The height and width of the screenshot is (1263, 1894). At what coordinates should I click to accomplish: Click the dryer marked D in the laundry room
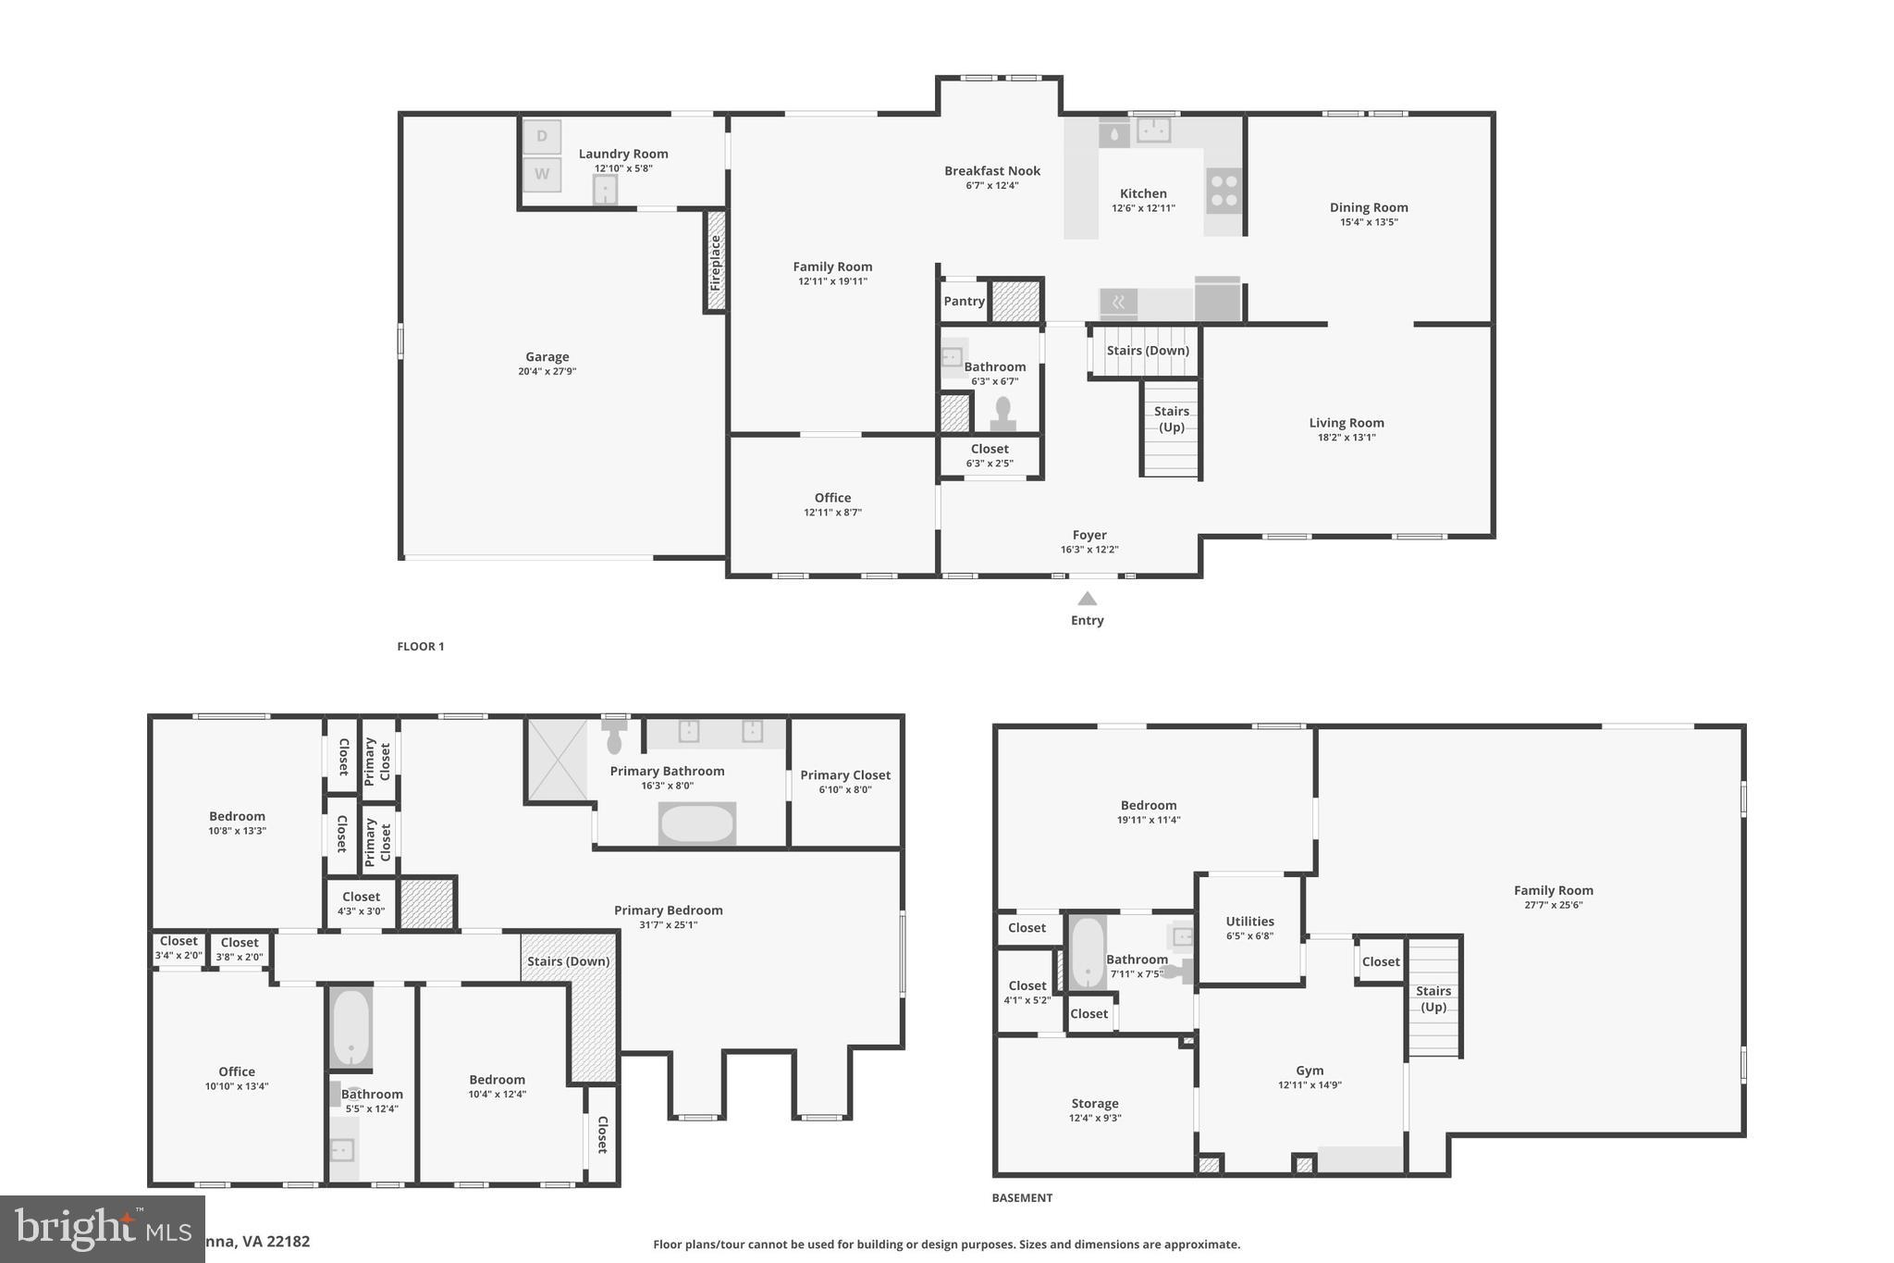(x=542, y=137)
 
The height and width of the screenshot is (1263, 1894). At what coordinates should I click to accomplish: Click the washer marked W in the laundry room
(x=542, y=174)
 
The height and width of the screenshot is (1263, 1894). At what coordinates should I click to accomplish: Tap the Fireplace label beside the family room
(x=715, y=263)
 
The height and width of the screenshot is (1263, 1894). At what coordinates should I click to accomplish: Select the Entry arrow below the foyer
(x=1088, y=600)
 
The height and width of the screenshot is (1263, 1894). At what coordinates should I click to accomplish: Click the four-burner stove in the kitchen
(x=1224, y=191)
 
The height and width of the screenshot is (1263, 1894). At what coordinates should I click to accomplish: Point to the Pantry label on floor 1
(x=964, y=302)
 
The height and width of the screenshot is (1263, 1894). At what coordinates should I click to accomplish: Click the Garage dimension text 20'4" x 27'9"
(x=547, y=372)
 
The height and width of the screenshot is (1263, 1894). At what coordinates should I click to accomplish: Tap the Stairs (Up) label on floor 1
(x=1171, y=419)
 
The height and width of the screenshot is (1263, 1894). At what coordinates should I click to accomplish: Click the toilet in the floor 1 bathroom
(x=1003, y=414)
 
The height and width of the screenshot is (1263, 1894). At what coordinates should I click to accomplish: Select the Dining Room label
(x=1369, y=207)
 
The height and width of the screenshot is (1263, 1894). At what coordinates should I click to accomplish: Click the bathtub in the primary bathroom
(x=697, y=823)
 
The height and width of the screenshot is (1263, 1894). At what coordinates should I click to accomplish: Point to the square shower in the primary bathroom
(x=557, y=761)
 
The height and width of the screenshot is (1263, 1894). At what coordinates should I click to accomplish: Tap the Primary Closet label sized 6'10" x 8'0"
(x=845, y=775)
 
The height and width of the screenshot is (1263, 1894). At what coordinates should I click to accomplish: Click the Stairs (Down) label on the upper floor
(x=568, y=961)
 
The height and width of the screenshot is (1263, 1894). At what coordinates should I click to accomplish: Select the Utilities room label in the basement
(x=1249, y=922)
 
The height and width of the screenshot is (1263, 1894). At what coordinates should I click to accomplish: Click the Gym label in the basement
(x=1310, y=1071)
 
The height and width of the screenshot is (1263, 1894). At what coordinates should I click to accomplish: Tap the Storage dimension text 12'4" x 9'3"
(x=1095, y=1118)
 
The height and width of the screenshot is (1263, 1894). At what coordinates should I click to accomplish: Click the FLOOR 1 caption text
(x=421, y=647)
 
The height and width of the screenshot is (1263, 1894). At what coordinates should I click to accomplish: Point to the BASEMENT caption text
(x=1022, y=1198)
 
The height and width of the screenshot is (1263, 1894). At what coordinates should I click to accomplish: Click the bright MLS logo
(x=102, y=1229)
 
